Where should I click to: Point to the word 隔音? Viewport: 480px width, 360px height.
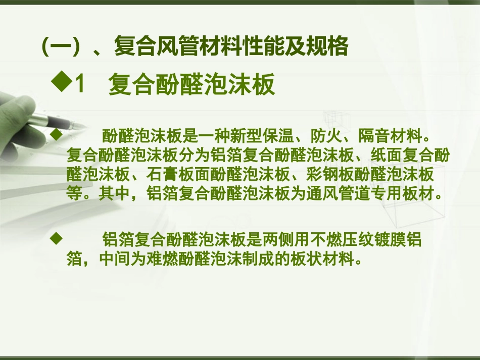tap(374, 136)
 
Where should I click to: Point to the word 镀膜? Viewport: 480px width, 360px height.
tap(380, 239)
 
